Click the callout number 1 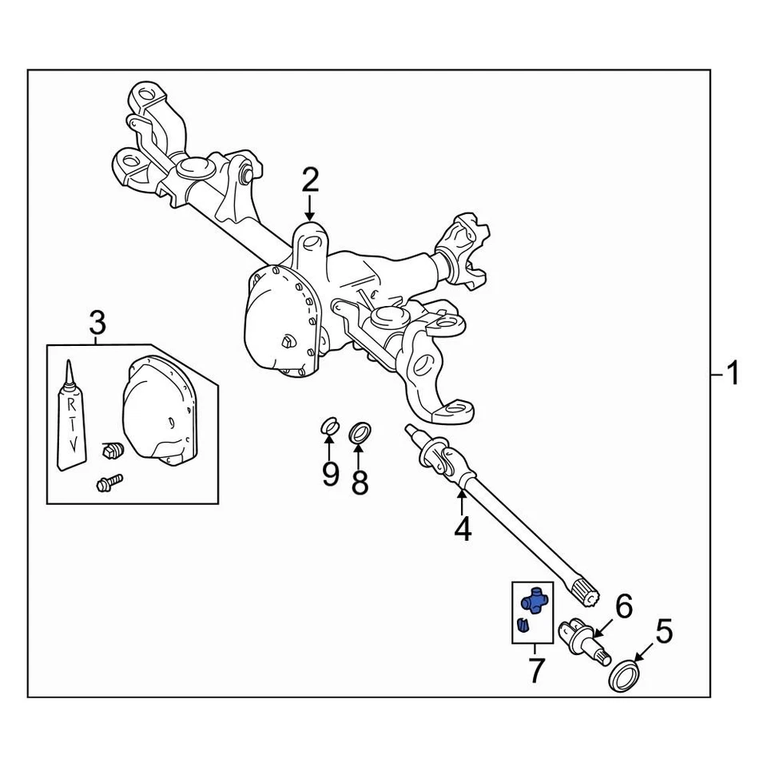(x=733, y=373)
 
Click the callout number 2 (x=310, y=181)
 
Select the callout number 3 (x=97, y=324)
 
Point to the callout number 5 (x=664, y=632)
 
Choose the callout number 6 (x=623, y=606)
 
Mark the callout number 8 (x=360, y=481)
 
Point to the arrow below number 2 (x=310, y=209)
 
